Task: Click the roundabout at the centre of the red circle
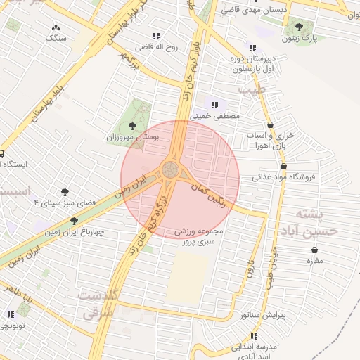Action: point(170,170)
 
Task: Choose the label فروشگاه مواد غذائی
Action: point(285,176)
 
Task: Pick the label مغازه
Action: point(313,261)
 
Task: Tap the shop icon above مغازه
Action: point(313,250)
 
